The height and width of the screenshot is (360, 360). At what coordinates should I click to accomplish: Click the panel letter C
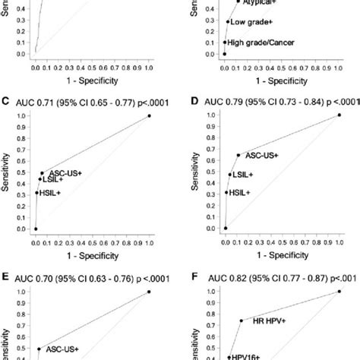click(6, 100)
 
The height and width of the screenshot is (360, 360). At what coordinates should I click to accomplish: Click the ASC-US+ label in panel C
click(65, 173)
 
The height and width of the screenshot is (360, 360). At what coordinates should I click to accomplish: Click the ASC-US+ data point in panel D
click(238, 155)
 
